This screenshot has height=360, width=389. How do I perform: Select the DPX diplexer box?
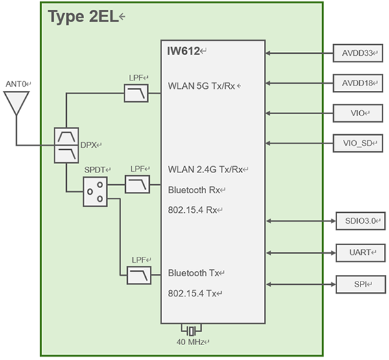click(x=67, y=144)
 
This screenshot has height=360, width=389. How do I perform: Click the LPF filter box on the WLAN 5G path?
click(x=136, y=94)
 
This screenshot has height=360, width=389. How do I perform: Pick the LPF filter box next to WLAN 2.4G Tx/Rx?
click(x=136, y=185)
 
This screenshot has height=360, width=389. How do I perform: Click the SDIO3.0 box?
click(x=360, y=221)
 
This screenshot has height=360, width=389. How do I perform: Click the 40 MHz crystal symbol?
click(x=191, y=329)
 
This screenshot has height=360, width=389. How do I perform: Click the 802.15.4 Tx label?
click(x=193, y=294)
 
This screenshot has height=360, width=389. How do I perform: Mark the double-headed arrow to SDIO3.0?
click(x=299, y=221)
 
